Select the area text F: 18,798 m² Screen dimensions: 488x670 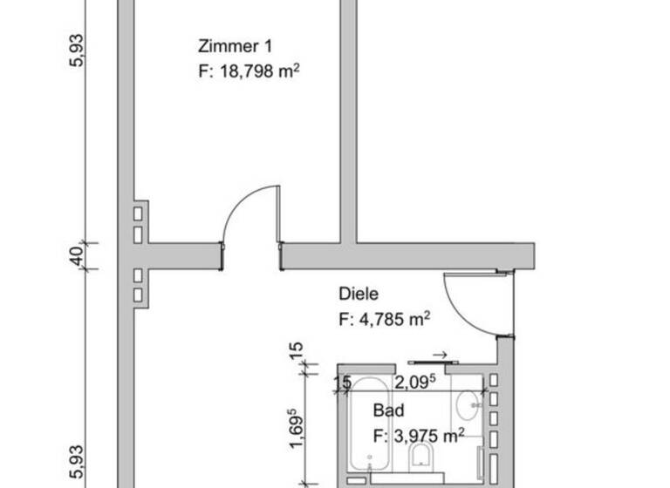pos(250,71)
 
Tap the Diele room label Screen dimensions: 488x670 pos(359,295)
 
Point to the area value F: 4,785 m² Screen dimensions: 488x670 pos(384,319)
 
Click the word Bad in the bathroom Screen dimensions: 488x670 pos(387,410)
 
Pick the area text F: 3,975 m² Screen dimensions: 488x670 pos(417,435)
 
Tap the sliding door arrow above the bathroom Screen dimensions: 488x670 pos(440,355)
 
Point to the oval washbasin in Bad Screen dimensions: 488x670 pos(468,403)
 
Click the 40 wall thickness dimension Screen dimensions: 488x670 pos(77,257)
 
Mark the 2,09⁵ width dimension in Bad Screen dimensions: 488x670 pos(415,382)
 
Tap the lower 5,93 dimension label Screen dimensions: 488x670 pos(77,462)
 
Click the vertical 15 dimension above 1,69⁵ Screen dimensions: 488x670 pos(296,352)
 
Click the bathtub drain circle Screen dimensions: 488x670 pos(371,459)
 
